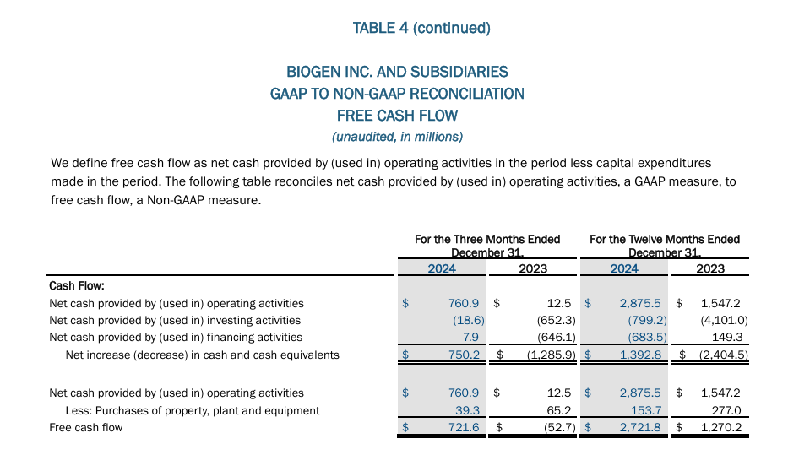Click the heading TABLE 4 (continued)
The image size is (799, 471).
(x=421, y=28)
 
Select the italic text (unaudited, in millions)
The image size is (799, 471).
(x=397, y=136)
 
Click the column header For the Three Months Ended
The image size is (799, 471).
(x=487, y=239)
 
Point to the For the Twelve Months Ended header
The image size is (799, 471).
(x=665, y=239)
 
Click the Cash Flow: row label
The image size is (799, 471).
(x=77, y=286)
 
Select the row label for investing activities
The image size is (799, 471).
(x=175, y=321)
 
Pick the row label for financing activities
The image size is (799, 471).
(x=176, y=338)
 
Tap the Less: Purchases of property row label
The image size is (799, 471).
(x=193, y=410)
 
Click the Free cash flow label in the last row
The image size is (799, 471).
(x=86, y=428)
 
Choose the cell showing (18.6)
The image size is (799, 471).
(x=468, y=321)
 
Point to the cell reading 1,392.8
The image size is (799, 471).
(x=644, y=355)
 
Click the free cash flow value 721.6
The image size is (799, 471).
(x=465, y=428)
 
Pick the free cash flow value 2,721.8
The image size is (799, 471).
(x=644, y=428)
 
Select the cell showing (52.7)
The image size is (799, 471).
(x=556, y=428)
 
